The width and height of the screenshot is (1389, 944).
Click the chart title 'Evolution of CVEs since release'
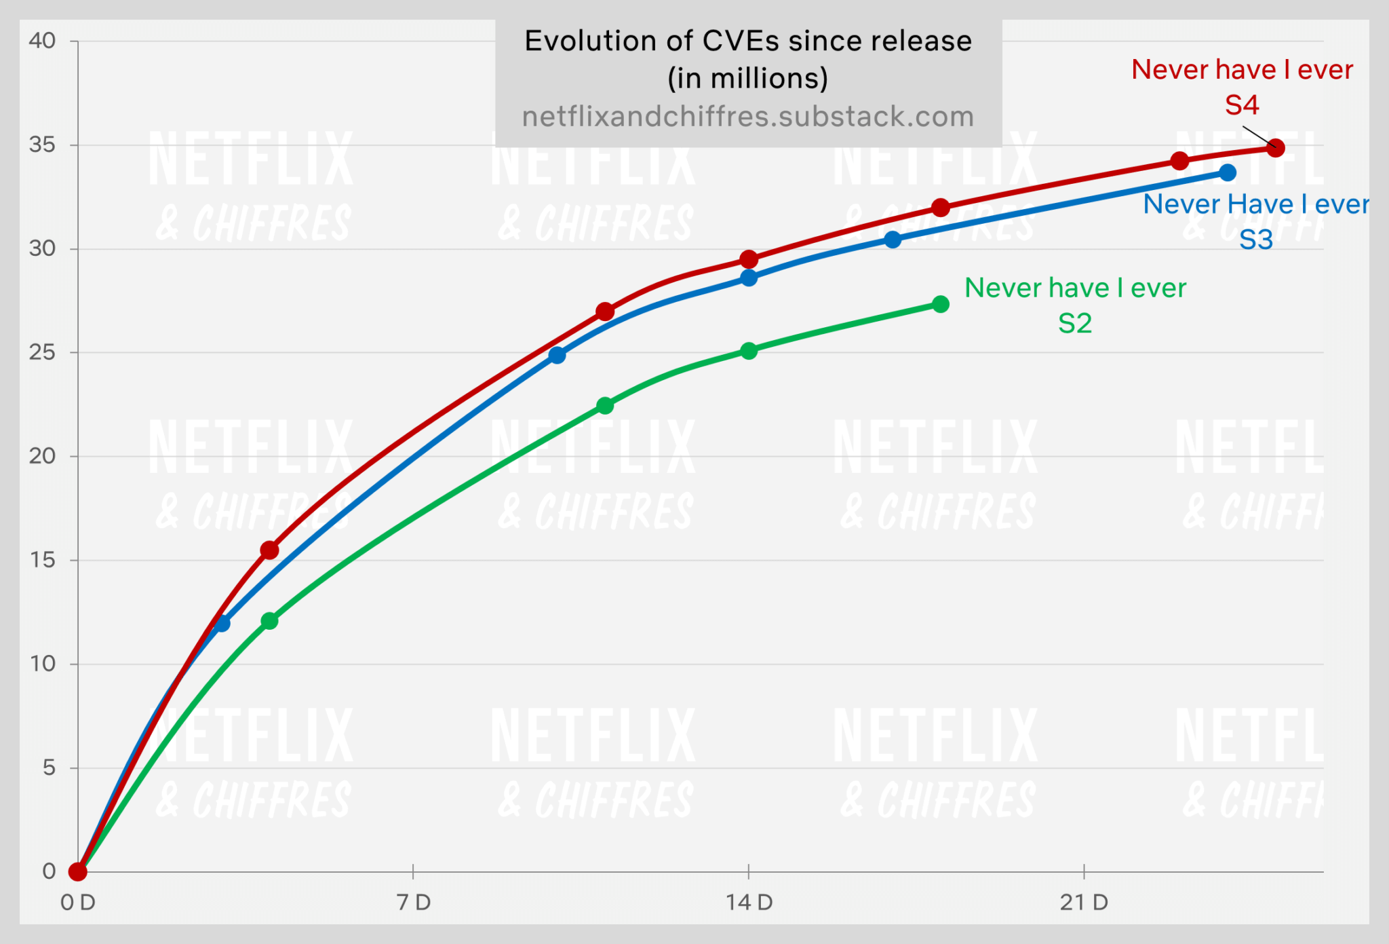coord(748,41)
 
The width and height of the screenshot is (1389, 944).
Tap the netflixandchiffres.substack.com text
coord(748,117)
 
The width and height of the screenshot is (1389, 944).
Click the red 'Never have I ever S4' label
coord(1242,87)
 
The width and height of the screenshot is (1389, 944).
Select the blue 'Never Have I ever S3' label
coord(1255,221)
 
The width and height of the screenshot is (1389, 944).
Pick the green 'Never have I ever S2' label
coord(1075,305)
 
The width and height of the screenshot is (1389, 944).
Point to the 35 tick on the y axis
coord(42,145)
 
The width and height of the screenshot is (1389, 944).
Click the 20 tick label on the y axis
coord(42,456)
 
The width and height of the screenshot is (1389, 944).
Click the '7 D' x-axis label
coord(414,903)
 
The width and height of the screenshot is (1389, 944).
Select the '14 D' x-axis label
coord(749,903)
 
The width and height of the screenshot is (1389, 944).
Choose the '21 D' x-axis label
coord(1084,903)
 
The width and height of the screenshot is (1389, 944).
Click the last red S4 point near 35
coord(1276,148)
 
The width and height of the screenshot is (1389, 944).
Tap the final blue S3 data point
coord(1228,173)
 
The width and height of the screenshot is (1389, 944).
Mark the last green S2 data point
coord(941,304)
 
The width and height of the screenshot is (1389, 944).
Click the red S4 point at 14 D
coord(749,259)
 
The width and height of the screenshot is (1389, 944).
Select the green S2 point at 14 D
coord(749,351)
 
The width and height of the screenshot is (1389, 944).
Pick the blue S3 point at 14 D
coord(749,278)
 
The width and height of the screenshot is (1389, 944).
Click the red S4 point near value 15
coord(269,550)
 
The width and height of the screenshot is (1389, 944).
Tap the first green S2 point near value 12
coord(269,621)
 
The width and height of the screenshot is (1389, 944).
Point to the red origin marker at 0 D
coord(78,871)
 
